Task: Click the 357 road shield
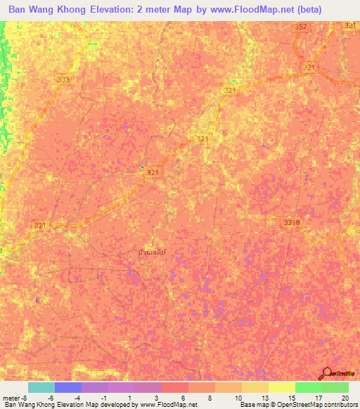(301, 27)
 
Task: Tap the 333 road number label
(64, 80)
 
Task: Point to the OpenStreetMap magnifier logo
(328, 373)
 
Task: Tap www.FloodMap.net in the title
(256, 10)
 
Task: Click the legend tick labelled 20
(344, 397)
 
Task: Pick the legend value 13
(264, 397)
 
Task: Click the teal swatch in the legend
(41, 387)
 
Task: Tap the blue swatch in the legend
(68, 387)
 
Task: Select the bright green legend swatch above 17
(309, 387)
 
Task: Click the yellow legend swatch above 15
(282, 387)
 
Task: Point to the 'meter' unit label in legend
(12, 397)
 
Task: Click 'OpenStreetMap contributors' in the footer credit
(321, 405)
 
